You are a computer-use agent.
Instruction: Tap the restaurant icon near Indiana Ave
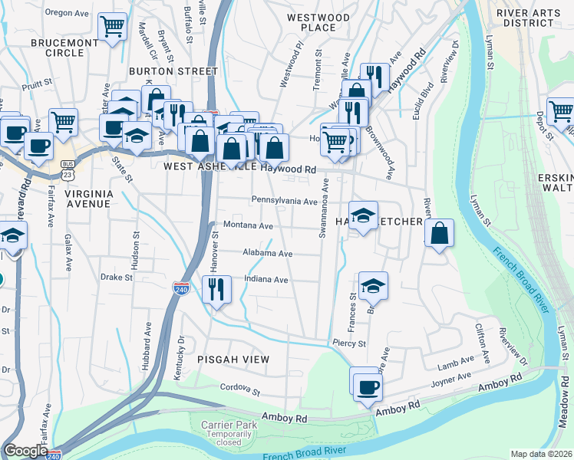[x=216, y=290]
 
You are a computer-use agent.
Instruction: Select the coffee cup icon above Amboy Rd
[x=367, y=386]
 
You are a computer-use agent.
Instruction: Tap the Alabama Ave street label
[x=267, y=253]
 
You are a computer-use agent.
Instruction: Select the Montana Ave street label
[x=248, y=226]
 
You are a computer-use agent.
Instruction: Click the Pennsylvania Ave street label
[x=284, y=201]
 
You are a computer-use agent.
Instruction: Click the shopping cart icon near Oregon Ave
[x=112, y=27]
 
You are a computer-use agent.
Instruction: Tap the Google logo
[x=25, y=451]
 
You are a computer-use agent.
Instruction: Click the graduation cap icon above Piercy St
[x=373, y=286]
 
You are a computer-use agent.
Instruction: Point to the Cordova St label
[x=240, y=391]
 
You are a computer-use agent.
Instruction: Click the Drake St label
[x=117, y=276]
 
